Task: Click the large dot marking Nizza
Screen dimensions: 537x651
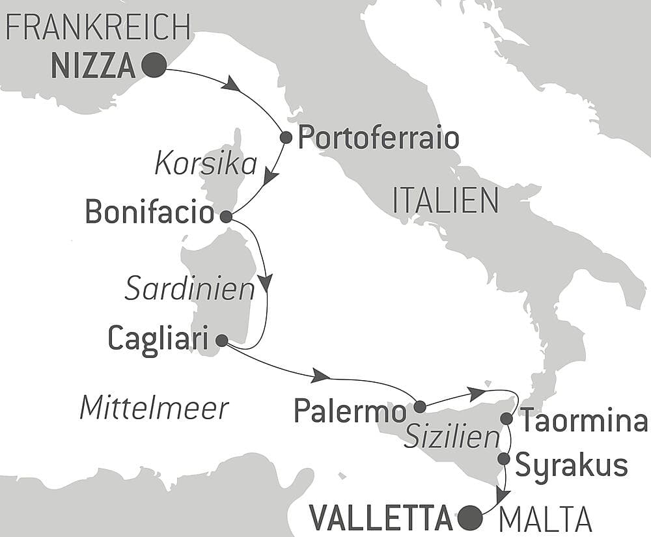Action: click(x=154, y=65)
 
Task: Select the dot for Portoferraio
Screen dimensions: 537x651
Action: click(x=285, y=137)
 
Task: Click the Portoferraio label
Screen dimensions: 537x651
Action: click(x=378, y=139)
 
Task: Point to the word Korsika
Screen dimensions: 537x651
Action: click(x=206, y=165)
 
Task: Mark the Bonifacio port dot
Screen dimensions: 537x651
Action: click(x=226, y=217)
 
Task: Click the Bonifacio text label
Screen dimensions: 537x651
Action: click(x=150, y=213)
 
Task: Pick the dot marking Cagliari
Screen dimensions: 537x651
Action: click(x=221, y=340)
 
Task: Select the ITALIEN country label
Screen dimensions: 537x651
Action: click(x=445, y=200)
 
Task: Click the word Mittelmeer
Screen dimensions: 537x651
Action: click(x=154, y=408)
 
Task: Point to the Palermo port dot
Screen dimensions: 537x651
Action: click(x=420, y=407)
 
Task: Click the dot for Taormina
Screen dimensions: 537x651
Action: click(x=506, y=418)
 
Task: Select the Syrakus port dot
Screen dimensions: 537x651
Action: click(x=504, y=459)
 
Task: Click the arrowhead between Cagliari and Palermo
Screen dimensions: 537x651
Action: click(x=320, y=375)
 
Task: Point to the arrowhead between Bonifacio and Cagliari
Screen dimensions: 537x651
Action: click(x=265, y=282)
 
